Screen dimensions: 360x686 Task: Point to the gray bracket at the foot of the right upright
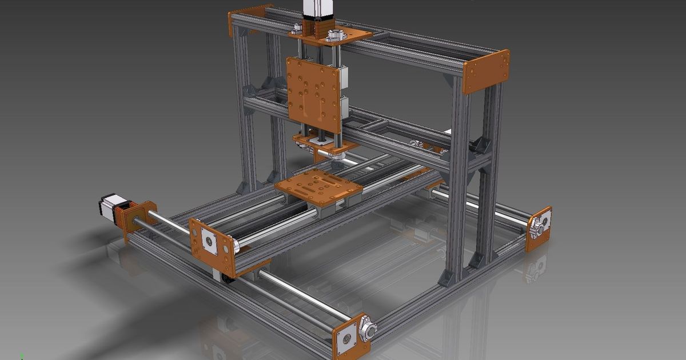448,277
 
